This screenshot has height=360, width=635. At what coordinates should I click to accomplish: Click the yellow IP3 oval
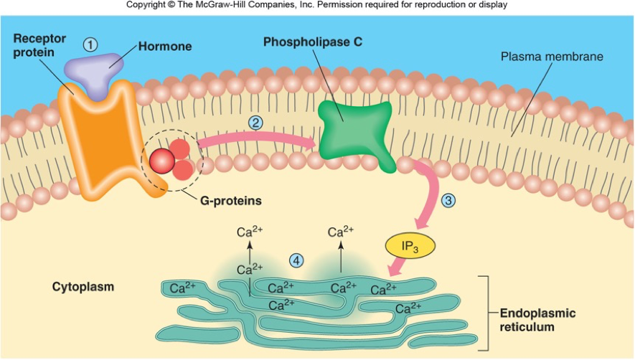[x=410, y=246]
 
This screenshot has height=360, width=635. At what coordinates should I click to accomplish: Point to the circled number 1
[x=90, y=44]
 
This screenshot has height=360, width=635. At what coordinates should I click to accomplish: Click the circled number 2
[x=255, y=122]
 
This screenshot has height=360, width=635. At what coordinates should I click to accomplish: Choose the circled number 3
[x=449, y=201]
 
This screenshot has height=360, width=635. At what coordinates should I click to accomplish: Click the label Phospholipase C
[x=312, y=42]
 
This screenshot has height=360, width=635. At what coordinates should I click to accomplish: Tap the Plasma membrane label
[x=552, y=56]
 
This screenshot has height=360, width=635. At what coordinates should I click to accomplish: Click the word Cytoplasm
[x=83, y=287]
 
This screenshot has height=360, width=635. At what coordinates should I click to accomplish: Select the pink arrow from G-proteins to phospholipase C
[x=258, y=139]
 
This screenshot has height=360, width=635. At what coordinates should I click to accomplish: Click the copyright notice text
[x=317, y=5]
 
